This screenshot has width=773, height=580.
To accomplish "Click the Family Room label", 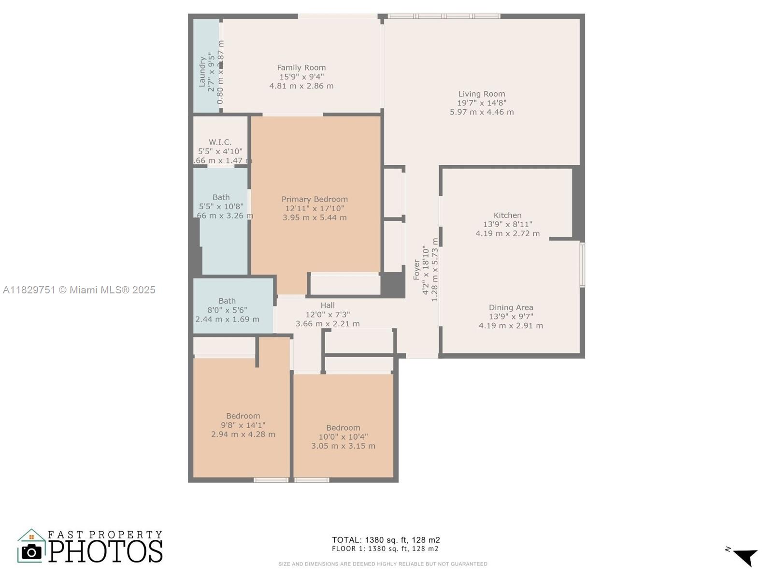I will tap(301, 68).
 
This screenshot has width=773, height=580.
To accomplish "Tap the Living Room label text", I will tap(482, 94).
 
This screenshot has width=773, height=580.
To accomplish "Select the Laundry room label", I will tap(202, 72).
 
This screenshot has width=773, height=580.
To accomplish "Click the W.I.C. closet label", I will tap(220, 142).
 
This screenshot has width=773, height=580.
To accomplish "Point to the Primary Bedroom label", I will tap(315, 199).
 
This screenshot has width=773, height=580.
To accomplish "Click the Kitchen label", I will tap(507, 215).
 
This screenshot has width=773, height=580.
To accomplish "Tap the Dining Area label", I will tap(511, 307).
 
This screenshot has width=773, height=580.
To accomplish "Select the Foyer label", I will tap(416, 270).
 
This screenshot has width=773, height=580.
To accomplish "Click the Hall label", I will tap(328, 305).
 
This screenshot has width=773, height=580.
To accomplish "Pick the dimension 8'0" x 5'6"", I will tap(227, 310).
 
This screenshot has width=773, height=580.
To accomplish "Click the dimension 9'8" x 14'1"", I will tap(243, 425).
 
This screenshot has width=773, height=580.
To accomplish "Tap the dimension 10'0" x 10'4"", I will tap(343, 437).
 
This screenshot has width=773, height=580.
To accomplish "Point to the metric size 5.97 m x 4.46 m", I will tap(482, 112).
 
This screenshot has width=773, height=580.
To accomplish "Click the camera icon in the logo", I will tap(32, 551).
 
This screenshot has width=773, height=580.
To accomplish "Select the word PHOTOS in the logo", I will tap(105, 551).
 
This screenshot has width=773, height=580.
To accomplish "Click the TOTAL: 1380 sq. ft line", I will tap(386, 540).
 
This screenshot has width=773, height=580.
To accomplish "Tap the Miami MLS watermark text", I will tap(79, 290).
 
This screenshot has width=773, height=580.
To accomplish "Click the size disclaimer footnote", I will tap(383, 564).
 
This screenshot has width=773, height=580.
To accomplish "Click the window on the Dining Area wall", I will tap(582, 265).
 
